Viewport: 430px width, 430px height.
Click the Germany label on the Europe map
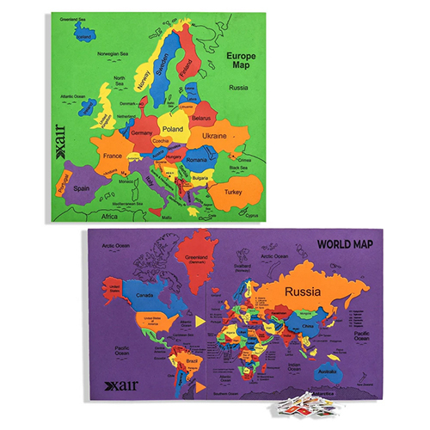143,134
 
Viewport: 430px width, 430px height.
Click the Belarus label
201,117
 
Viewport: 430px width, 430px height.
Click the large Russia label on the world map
306,292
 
